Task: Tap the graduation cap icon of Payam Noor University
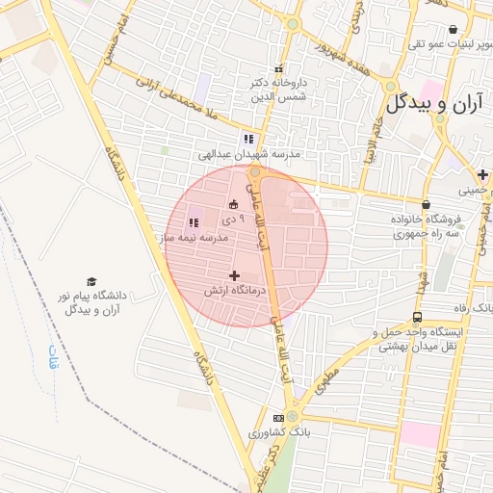(91, 281)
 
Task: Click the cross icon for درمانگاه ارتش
(234, 275)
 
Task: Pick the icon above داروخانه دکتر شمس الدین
(279, 68)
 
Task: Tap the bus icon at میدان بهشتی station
(417, 317)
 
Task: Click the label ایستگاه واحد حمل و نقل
(424, 332)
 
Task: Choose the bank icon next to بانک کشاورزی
(279, 418)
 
